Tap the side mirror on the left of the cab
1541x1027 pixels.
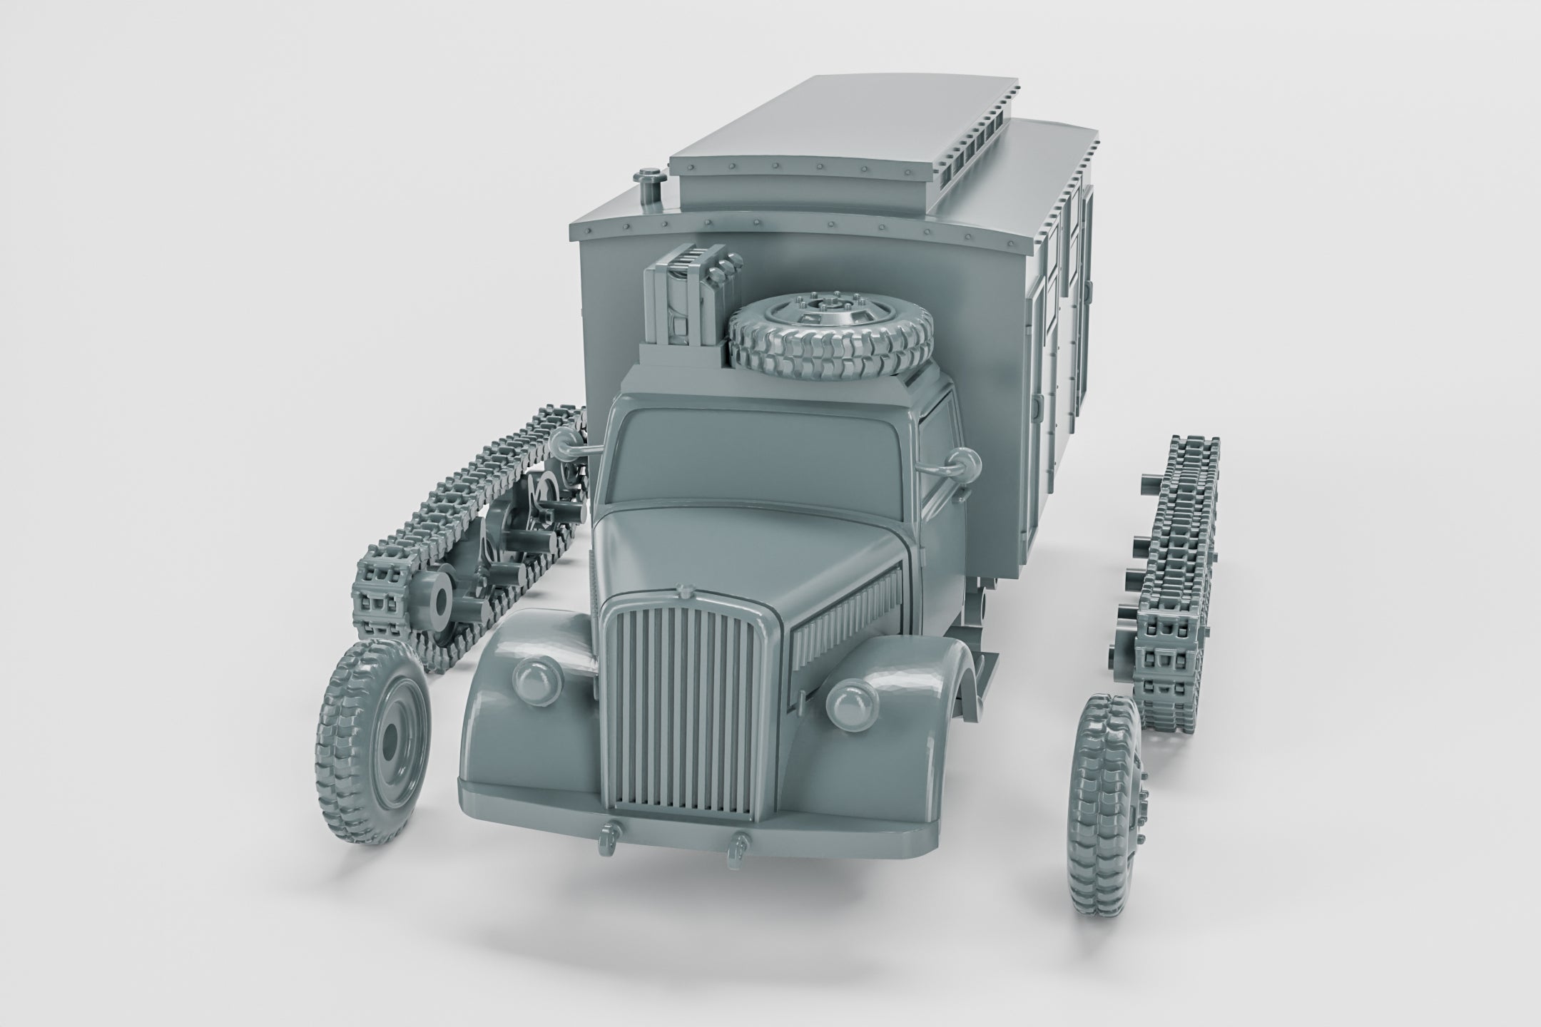[564, 442]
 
